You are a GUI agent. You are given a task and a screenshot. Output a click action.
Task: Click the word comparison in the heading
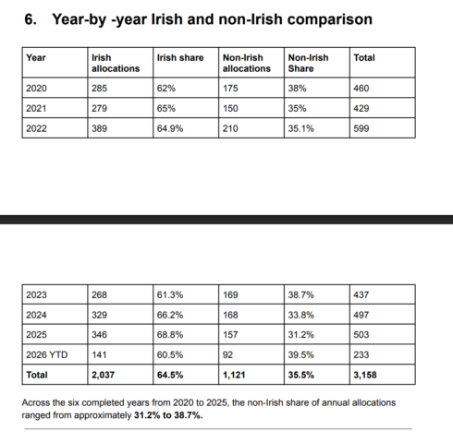click(329, 19)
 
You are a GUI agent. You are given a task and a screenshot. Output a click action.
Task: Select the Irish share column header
click(180, 58)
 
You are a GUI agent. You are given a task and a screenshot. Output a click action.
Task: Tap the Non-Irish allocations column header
click(247, 63)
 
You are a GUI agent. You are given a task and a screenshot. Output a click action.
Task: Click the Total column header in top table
click(364, 58)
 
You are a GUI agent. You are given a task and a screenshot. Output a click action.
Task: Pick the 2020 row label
click(36, 89)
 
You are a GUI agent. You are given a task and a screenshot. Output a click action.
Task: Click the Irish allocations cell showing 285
click(99, 89)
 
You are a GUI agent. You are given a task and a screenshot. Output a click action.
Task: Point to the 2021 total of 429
click(361, 108)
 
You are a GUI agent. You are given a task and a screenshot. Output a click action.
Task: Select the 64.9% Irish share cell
click(170, 128)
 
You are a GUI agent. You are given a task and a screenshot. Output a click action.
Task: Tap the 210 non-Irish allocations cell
click(230, 128)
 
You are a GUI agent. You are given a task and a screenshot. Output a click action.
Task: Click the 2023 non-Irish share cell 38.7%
click(301, 294)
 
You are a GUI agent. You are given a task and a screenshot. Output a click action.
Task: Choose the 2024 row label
click(36, 315)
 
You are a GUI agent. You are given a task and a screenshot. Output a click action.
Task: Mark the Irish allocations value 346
click(99, 334)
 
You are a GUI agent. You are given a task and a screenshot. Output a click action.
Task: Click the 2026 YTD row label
click(47, 354)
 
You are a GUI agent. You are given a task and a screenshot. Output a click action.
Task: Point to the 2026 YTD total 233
click(361, 354)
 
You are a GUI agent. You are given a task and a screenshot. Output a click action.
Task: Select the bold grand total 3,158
click(365, 375)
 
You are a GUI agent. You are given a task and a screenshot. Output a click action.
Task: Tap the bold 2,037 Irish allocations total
click(103, 375)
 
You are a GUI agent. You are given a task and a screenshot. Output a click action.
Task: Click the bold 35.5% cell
click(301, 375)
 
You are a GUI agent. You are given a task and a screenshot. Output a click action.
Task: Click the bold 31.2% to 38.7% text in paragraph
click(168, 415)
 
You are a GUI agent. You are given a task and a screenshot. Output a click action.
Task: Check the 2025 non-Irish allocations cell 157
click(230, 334)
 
